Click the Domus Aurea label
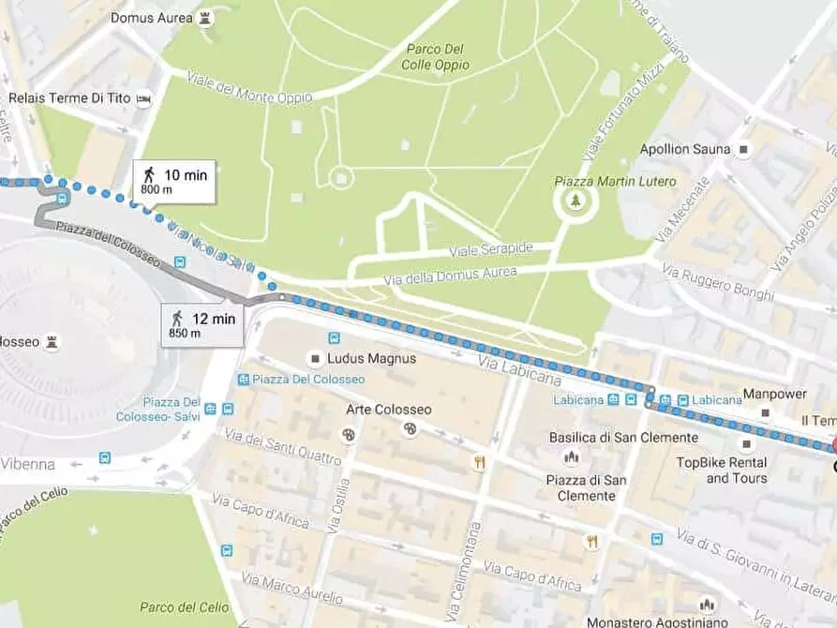[x=150, y=18]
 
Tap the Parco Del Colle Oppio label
[x=437, y=57]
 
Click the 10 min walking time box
[x=174, y=181]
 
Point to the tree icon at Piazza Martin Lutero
[x=575, y=200]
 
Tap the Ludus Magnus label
[x=371, y=358]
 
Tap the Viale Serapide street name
[x=491, y=248]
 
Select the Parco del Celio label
[x=177, y=606]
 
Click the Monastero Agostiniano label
[x=657, y=621]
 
